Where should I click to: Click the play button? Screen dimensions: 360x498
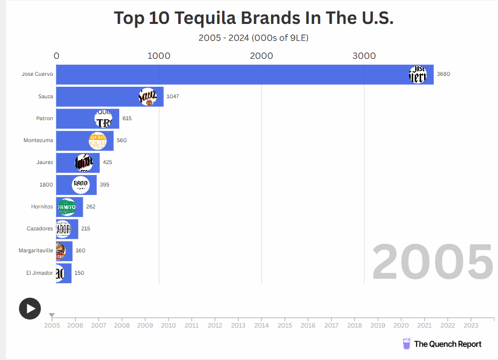(x=30, y=309)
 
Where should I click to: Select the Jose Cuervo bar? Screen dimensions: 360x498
(x=230, y=74)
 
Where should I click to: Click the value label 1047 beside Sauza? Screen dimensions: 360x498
(x=173, y=96)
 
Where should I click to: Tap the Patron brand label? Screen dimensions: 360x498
(x=44, y=118)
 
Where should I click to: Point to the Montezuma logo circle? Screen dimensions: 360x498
(x=98, y=141)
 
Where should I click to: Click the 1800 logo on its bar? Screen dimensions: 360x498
(x=80, y=184)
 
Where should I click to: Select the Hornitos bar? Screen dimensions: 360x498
(x=69, y=206)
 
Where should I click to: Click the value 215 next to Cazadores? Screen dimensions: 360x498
(x=85, y=228)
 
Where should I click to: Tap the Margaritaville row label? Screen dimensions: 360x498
(x=35, y=250)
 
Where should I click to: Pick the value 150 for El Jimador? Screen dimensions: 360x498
(x=79, y=273)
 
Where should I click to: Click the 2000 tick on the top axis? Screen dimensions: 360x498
(x=261, y=56)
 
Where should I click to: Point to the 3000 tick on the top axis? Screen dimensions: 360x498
(x=364, y=56)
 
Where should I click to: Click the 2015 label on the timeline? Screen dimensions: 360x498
(x=284, y=326)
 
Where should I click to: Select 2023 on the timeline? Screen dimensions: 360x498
(x=471, y=326)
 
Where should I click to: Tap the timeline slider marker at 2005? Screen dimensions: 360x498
(x=52, y=315)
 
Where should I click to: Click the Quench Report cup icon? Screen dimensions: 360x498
(x=407, y=344)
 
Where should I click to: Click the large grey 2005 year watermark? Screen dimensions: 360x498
(x=432, y=262)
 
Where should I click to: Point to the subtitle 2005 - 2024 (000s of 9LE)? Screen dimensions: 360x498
(x=253, y=38)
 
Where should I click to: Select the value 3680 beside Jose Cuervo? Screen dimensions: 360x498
(x=443, y=74)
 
